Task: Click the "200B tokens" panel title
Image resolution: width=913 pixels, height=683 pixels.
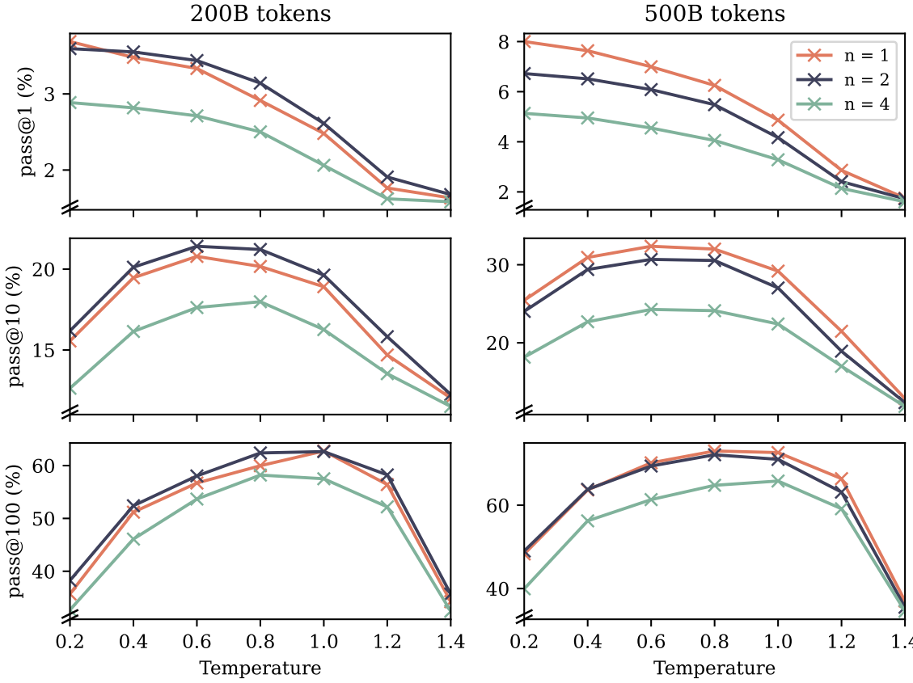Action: (260, 14)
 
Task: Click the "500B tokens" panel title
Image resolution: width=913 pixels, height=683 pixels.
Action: (714, 14)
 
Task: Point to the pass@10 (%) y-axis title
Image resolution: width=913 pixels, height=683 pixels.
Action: (17, 327)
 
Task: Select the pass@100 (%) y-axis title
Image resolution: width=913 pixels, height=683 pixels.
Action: (17, 531)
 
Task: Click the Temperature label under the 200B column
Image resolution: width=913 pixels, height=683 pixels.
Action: (260, 668)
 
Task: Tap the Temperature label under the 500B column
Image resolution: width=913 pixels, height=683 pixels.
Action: (714, 668)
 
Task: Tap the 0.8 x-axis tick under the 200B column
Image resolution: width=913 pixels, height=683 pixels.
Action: (260, 643)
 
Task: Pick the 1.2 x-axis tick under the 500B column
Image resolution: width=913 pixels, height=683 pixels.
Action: (841, 643)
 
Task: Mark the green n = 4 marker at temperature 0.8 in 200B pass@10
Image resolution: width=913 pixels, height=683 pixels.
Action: (260, 301)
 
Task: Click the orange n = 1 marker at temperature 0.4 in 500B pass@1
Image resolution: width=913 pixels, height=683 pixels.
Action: (587, 51)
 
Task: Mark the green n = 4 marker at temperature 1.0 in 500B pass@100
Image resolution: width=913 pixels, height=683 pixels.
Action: (778, 481)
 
